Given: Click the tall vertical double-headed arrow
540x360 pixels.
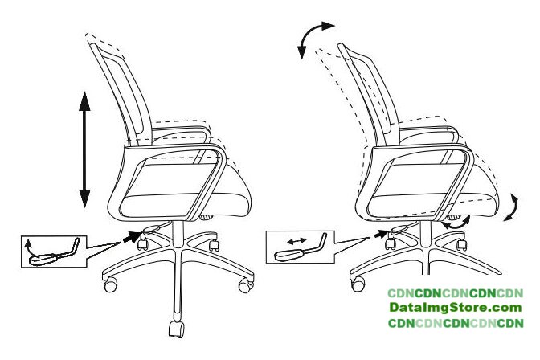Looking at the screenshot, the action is [84, 149].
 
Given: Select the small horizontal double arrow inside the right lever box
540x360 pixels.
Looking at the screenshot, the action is [297, 241].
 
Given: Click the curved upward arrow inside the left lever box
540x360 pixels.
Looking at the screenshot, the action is [27, 248].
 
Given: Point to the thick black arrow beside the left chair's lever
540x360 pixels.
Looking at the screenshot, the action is [132, 237].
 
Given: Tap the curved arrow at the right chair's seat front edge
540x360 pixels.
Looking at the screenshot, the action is [512, 208].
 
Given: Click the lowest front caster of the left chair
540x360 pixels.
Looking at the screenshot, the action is [176, 329].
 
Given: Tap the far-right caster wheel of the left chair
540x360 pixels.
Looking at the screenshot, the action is [246, 285].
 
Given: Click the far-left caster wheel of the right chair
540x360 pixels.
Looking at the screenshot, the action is [358, 284].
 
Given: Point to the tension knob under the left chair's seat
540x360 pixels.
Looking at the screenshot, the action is [207, 217].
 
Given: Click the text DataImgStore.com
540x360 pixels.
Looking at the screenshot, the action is [456, 308].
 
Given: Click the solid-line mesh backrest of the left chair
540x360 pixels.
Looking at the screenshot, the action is [121, 93].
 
